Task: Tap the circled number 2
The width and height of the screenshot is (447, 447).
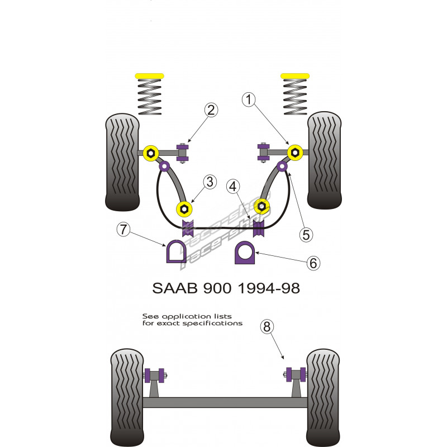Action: click(211, 110)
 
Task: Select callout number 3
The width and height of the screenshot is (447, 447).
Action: click(210, 182)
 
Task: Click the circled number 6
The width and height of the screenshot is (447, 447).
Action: click(314, 262)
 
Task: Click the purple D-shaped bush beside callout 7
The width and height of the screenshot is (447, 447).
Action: click(177, 251)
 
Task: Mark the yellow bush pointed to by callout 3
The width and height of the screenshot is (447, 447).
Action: click(184, 209)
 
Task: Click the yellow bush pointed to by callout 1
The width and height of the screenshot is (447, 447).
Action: click(294, 152)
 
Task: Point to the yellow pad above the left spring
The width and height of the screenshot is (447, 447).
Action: click(149, 75)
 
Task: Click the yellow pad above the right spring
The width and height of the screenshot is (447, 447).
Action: click(296, 75)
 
